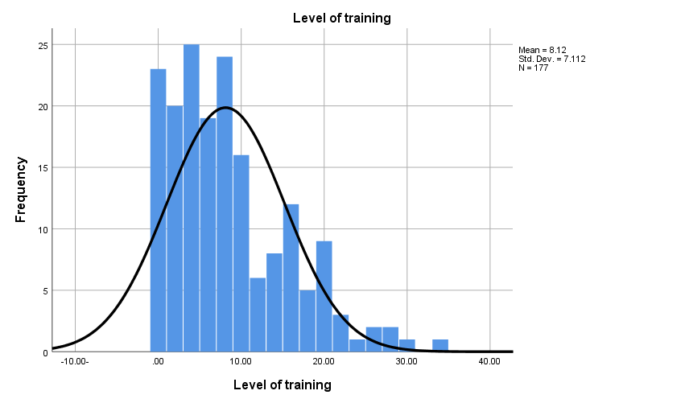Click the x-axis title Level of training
coord(282,384)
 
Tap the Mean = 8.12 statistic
coord(543,50)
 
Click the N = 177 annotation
coord(532,68)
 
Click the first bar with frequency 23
coord(159,210)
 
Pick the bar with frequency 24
coord(225,204)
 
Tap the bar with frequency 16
coord(241,253)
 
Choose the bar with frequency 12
coord(291,278)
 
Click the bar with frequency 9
coord(324,296)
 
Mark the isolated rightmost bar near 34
coord(440,345)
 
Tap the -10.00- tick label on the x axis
coord(75,362)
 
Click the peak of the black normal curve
coord(225,107)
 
